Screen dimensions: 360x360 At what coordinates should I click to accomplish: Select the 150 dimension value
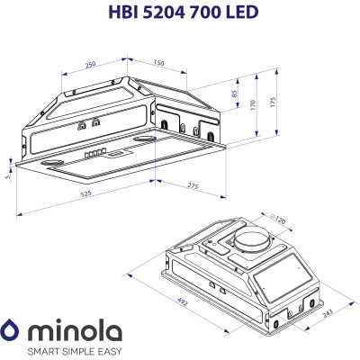(x=157, y=63)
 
